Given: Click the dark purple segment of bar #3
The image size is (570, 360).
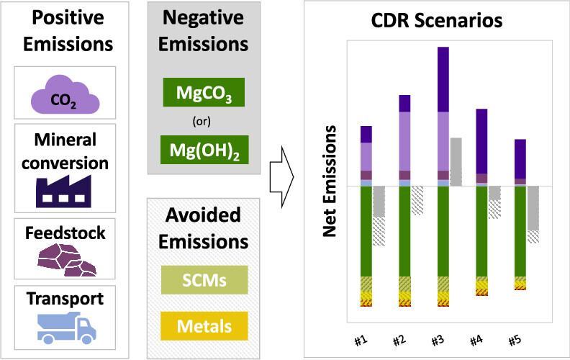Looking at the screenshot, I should click(443, 79).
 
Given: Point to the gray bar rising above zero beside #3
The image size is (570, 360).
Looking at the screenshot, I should click(456, 161).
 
